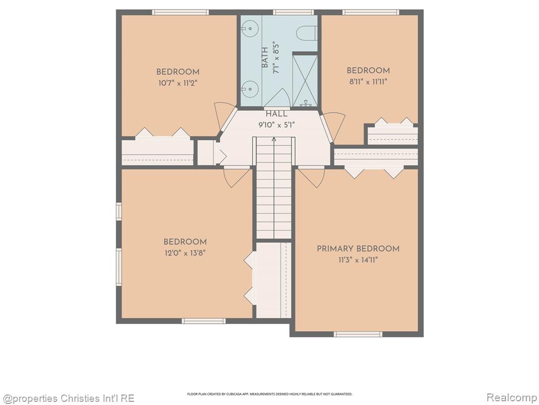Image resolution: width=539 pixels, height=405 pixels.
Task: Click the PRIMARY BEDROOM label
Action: [358, 249]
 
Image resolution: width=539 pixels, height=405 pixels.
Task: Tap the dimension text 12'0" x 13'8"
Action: [185, 253]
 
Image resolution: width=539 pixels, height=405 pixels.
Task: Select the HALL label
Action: [276, 114]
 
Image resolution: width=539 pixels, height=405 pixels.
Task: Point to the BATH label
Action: [265, 57]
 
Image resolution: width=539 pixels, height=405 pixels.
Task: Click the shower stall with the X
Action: [305, 81]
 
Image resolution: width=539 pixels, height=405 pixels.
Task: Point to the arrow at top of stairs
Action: [274, 139]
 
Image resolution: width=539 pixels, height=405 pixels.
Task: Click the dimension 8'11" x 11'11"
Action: [368, 82]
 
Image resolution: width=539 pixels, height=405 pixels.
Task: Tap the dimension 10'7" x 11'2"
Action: [178, 83]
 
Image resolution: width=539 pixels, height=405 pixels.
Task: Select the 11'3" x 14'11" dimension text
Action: [358, 260]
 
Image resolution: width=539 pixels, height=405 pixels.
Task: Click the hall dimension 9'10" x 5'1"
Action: [276, 125]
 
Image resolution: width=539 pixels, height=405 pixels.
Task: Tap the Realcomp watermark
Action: [511, 398]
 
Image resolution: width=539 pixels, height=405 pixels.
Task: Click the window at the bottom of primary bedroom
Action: [358, 334]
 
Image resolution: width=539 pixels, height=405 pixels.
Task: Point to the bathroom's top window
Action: [293, 13]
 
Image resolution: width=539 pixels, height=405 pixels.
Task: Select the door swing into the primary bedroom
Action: [311, 177]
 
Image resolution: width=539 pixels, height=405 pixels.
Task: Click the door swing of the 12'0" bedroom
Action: [236, 177]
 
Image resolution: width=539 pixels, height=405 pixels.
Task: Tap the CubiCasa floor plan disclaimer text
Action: [269, 394]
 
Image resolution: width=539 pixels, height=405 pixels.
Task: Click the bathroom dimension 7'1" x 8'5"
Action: [275, 58]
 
